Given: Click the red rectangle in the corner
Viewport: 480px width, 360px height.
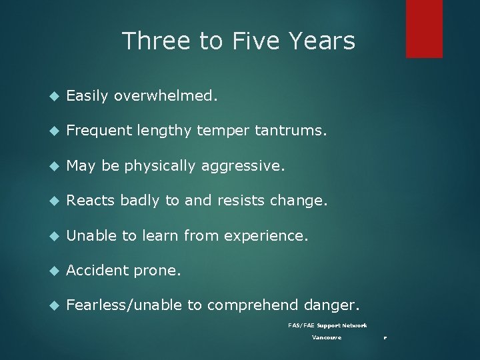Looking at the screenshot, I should pos(425,28).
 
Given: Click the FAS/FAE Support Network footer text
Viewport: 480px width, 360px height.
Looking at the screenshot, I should pos(327,325).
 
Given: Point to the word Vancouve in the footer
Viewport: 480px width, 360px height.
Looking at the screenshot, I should pos(327,337).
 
